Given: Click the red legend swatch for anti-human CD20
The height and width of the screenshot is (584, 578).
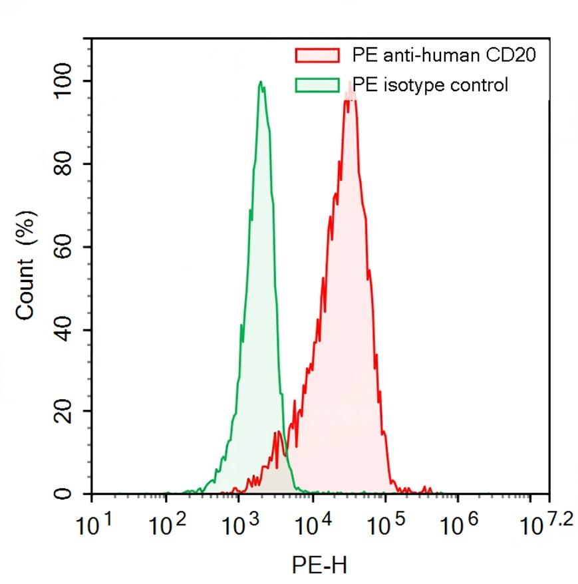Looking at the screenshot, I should [317, 55].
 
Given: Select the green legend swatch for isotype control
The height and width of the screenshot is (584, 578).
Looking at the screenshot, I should [317, 84].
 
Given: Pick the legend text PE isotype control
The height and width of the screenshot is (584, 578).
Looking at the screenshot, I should [430, 84].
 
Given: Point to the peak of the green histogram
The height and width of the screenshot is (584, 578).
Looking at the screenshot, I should [261, 82].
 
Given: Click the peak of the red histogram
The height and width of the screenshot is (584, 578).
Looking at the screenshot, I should [351, 90].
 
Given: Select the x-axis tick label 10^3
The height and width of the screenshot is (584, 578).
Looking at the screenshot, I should [239, 526].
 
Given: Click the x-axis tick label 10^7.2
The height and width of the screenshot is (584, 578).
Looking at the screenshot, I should [542, 525].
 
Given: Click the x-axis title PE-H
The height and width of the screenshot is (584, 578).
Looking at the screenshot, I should [320, 565].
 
